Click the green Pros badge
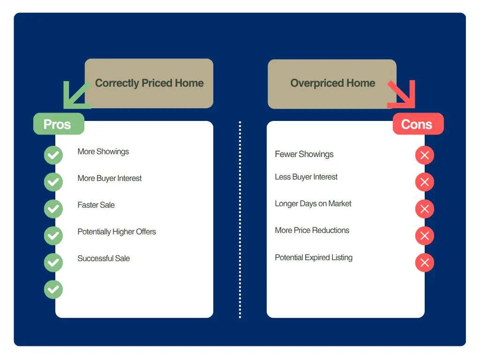tap(59, 124)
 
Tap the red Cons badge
tap(418, 124)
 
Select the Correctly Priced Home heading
tap(150, 83)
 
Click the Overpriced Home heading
tap(333, 83)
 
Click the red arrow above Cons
tap(402, 95)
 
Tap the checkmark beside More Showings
tap(53, 155)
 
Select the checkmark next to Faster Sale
tap(53, 209)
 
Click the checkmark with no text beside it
tap(53, 289)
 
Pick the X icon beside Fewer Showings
tap(425, 155)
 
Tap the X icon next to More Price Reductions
tap(425, 236)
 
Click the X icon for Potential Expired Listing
tap(425, 262)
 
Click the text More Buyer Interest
tap(110, 178)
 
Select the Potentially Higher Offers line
tap(117, 232)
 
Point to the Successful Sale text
tap(104, 258)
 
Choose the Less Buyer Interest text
tap(306, 177)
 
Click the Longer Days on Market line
tap(313, 203)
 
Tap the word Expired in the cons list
tap(317, 257)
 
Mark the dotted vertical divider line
tap(240, 219)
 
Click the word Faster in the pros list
tap(88, 205)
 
